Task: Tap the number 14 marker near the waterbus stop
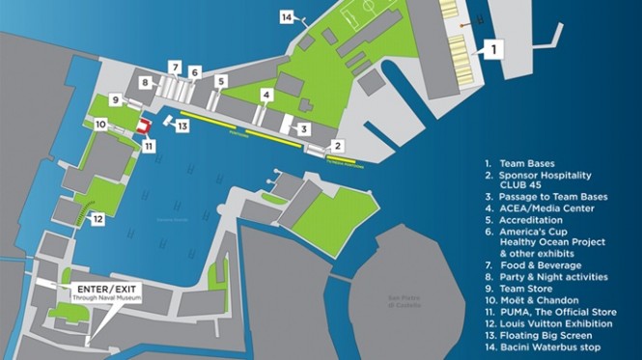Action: (287, 16)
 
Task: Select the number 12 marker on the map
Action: (98, 219)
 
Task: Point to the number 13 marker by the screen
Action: (182, 126)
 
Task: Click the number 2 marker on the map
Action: (337, 146)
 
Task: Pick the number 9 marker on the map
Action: (115, 99)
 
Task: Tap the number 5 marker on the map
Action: (221, 83)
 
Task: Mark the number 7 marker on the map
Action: (175, 67)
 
